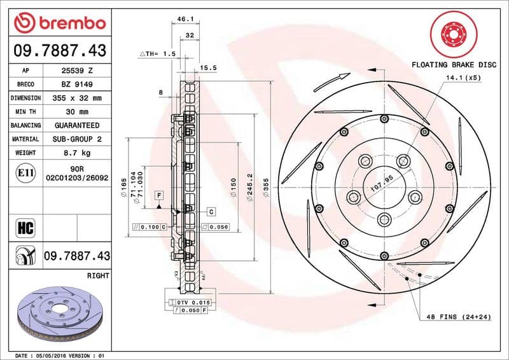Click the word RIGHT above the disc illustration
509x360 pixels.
[x=97, y=276]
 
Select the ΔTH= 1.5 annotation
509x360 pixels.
[x=157, y=55]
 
